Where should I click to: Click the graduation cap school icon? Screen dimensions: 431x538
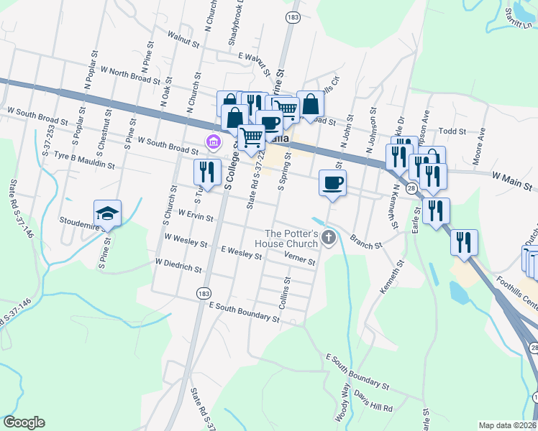(x=107, y=213)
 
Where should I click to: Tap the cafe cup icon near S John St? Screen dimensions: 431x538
(x=332, y=182)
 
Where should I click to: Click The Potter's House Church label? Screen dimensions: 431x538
(x=291, y=238)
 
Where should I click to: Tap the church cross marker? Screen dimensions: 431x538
(x=329, y=237)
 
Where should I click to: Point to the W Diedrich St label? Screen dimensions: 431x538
(x=178, y=266)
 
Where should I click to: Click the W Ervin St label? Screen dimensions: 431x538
(x=190, y=215)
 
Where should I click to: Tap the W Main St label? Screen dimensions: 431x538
(x=514, y=176)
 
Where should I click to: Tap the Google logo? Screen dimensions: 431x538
(x=24, y=422)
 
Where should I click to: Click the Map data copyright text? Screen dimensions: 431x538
(x=508, y=425)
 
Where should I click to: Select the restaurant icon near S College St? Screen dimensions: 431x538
(x=205, y=172)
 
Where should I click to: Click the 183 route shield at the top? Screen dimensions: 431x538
(x=292, y=16)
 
